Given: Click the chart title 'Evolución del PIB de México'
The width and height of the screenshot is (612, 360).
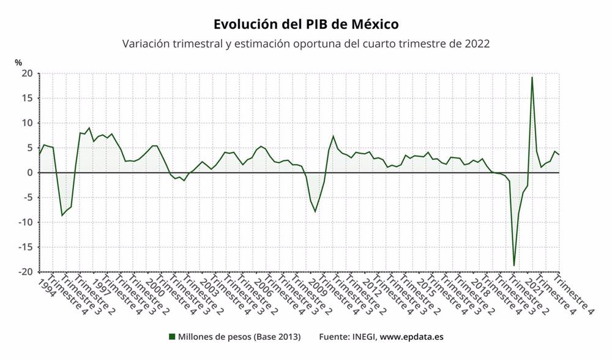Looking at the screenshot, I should click(306, 24).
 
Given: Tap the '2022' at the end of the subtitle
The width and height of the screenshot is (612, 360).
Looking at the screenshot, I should click(477, 45).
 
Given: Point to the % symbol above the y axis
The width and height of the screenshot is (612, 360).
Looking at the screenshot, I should click(18, 62).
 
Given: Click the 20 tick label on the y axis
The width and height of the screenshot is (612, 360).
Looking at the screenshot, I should click(27, 73).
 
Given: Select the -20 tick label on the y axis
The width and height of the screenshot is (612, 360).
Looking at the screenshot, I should click(24, 272).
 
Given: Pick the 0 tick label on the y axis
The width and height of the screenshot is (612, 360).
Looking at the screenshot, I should click(30, 173).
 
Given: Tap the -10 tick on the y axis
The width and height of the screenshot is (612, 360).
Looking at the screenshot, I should click(24, 222).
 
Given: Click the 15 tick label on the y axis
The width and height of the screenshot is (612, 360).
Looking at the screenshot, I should click(27, 98).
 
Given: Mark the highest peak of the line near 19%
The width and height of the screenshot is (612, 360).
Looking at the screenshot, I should click(532, 77).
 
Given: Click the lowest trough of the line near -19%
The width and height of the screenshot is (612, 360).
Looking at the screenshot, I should click(514, 265).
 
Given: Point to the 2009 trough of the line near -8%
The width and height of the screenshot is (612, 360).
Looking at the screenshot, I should click(315, 212).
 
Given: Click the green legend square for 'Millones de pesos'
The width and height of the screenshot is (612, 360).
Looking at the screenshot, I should click(172, 337).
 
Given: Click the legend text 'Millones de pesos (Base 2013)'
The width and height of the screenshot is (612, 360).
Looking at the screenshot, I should click(239, 337).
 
